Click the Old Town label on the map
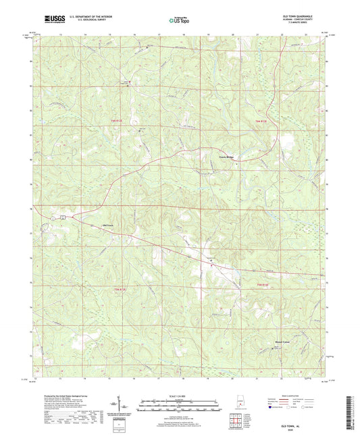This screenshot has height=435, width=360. point(108,224)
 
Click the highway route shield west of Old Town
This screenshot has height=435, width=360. point(61,217)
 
